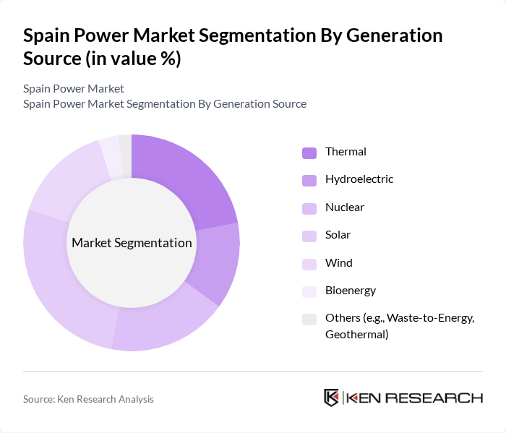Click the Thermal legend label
click(346, 152)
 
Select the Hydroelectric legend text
click(359, 179)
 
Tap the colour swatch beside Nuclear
click(309, 208)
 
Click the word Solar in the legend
click(338, 235)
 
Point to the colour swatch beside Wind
click(309, 264)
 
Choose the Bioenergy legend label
click(351, 291)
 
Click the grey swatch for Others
click(309, 319)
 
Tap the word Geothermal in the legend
click(357, 334)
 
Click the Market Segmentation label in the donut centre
click(132, 243)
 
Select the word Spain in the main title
click(51, 35)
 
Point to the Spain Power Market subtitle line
click(74, 88)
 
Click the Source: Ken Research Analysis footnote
click(88, 399)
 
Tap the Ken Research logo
click(403, 398)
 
